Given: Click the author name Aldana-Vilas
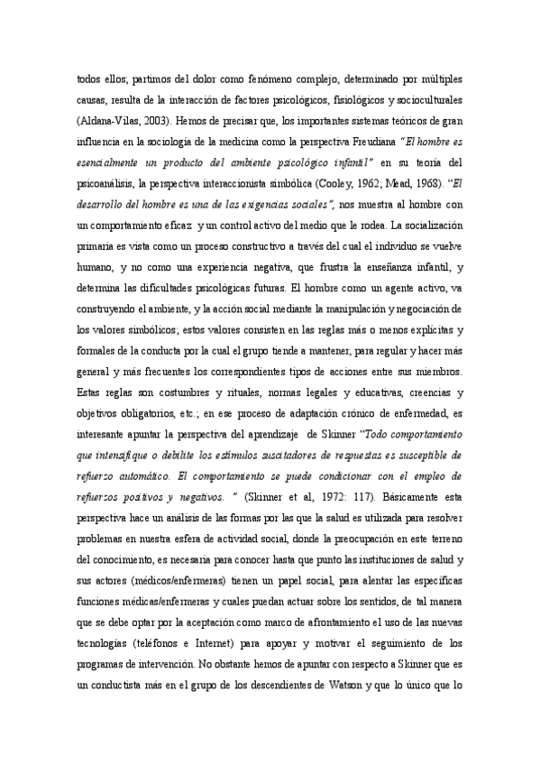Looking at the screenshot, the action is tap(108, 119).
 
